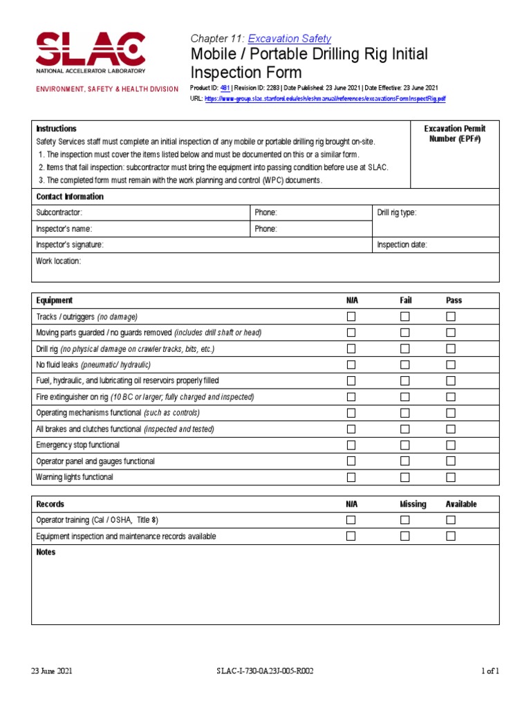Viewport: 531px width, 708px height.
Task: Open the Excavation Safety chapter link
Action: [x=289, y=39]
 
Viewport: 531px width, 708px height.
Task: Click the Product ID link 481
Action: [x=225, y=88]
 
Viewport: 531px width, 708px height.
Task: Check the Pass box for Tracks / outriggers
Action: [x=451, y=317]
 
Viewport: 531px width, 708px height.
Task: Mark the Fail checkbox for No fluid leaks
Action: [x=405, y=364]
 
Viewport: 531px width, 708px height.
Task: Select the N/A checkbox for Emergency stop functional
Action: [x=351, y=445]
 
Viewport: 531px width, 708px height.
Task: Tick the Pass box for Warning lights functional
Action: [x=451, y=477]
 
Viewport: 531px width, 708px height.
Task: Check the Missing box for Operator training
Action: [x=405, y=520]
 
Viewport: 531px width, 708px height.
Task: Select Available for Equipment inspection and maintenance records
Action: [x=451, y=536]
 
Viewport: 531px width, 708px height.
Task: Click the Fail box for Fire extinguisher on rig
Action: [x=405, y=397]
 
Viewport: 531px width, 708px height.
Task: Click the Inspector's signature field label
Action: [x=70, y=245]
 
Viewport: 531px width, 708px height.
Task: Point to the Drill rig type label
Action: [x=396, y=213]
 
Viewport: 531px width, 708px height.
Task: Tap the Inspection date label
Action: [x=402, y=245]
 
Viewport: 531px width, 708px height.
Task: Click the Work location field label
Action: [x=59, y=261]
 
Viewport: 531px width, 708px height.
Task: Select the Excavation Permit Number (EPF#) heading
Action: [x=454, y=134]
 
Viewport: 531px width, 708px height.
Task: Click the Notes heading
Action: [x=46, y=552]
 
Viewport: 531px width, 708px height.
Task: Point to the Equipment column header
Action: [x=54, y=301]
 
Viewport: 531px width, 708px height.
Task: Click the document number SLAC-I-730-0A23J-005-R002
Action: [x=265, y=671]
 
